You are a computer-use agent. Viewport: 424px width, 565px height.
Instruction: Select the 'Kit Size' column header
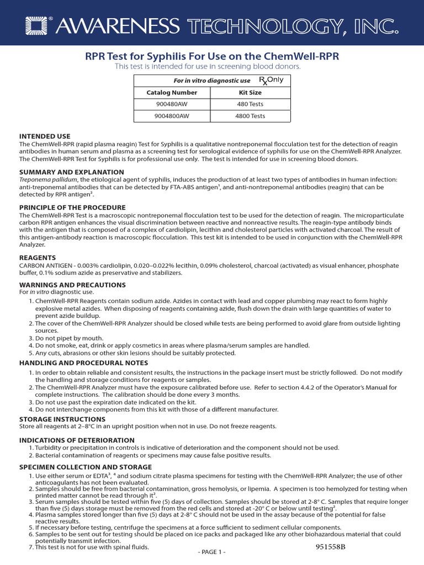(x=250, y=93)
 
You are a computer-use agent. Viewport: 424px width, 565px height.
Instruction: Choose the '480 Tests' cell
(x=250, y=104)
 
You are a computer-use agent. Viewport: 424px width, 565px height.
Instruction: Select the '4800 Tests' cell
(x=250, y=116)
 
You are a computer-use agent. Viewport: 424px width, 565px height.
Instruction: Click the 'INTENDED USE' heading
(x=45, y=136)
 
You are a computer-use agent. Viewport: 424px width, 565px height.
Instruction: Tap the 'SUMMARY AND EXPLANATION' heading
(x=72, y=172)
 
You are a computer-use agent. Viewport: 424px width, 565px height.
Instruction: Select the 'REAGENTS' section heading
(x=38, y=258)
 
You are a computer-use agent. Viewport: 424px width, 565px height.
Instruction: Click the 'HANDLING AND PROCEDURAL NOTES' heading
(x=83, y=363)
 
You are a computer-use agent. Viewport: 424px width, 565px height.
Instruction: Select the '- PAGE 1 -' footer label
(x=211, y=552)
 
